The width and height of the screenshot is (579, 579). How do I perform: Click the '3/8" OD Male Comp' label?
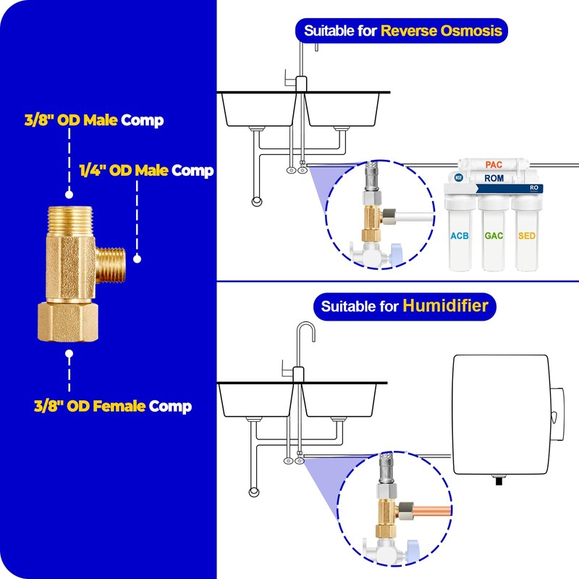click(94, 120)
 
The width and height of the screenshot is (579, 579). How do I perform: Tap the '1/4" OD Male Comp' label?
click(147, 171)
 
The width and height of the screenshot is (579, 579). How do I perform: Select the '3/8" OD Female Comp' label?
click(113, 406)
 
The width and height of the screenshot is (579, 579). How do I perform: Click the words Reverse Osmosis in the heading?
click(441, 30)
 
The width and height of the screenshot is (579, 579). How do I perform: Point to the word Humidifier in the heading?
click(445, 305)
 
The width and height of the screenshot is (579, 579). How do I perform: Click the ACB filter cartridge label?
click(460, 236)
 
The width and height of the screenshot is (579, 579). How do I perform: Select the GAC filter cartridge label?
click(494, 236)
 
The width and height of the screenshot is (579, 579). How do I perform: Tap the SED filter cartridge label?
click(527, 236)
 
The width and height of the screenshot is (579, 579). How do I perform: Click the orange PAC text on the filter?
click(494, 165)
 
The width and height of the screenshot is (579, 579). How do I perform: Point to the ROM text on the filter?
click(494, 178)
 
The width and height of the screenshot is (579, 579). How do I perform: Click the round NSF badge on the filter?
click(458, 177)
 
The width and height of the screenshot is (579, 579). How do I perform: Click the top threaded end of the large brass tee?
click(70, 221)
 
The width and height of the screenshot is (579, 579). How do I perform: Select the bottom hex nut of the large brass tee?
click(68, 322)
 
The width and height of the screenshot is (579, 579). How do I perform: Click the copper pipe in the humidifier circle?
click(432, 512)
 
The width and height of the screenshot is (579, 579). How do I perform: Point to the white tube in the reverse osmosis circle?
click(414, 216)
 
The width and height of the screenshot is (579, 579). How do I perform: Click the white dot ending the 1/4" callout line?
click(137, 259)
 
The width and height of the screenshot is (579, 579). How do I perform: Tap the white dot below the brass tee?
click(69, 354)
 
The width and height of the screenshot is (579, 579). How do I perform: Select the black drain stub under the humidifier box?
click(499, 481)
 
